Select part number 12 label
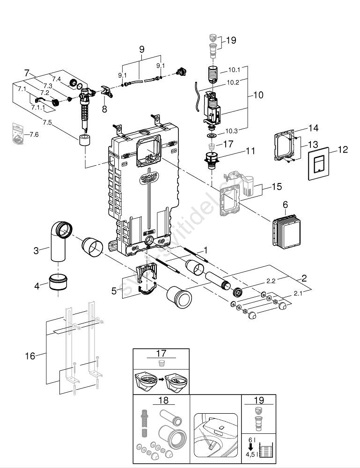click(343, 150)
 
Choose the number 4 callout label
click(36, 285)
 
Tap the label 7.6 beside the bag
click(34, 134)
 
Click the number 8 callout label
click(104, 110)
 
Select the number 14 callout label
click(313, 127)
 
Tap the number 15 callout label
click(277, 187)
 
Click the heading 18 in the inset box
click(162, 401)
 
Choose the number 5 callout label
click(114, 291)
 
